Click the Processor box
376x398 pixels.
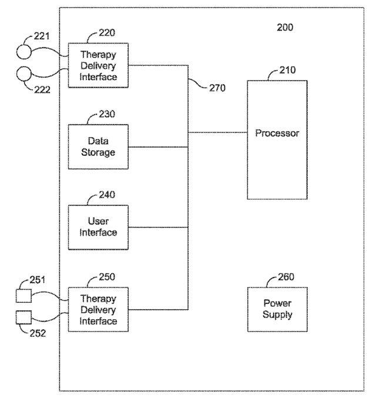coord(277,140)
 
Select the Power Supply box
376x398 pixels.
coord(277,309)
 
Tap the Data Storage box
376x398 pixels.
coord(98,147)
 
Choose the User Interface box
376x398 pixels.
coord(98,228)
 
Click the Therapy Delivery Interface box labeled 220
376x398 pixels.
coord(98,65)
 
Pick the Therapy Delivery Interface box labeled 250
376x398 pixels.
coord(98,309)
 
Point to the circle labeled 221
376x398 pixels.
coord(24,52)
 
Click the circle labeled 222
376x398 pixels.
coord(24,74)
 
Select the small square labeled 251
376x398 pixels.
coord(23,296)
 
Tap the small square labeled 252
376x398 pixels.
coord(23,317)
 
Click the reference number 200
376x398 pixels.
coord(285,28)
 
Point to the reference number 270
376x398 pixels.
coord(217,88)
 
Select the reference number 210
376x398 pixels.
coord(288,70)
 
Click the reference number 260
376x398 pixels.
coord(286,277)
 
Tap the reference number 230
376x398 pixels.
coord(107,114)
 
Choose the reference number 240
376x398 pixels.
coord(107,195)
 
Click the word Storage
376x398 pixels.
coord(98,152)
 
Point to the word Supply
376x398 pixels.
coord(277,315)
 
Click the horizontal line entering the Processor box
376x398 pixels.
coord(218,132)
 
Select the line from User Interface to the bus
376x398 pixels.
coord(158,227)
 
